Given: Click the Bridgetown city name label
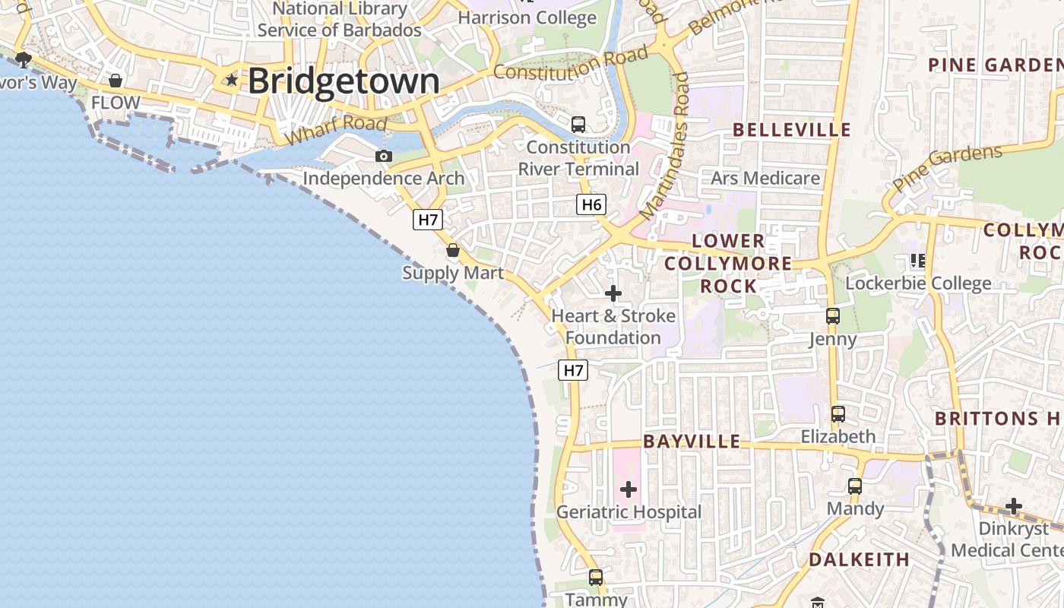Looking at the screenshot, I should pyautogui.click(x=344, y=81).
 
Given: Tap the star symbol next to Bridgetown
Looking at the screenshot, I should pyautogui.click(x=231, y=80).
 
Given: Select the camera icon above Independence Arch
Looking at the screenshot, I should pyautogui.click(x=384, y=156).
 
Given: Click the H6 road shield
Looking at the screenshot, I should pyautogui.click(x=591, y=204).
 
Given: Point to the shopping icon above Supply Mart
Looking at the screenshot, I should pyautogui.click(x=453, y=250).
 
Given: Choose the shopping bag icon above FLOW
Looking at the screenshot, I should pyautogui.click(x=116, y=81).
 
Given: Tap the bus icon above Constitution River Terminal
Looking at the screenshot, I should pyautogui.click(x=578, y=124).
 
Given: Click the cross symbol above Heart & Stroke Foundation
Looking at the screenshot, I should pyautogui.click(x=613, y=293).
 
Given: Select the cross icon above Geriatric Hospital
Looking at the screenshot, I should pyautogui.click(x=629, y=489).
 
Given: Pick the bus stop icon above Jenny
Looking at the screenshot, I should pyautogui.click(x=833, y=316).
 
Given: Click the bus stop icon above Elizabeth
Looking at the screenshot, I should pyautogui.click(x=838, y=414).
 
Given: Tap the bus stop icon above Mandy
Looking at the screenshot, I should pyautogui.click(x=855, y=486).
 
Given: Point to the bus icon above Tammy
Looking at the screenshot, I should pyautogui.click(x=596, y=578).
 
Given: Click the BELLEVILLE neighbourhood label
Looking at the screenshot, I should pyautogui.click(x=792, y=129).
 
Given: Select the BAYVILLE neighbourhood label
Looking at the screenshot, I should pyautogui.click(x=692, y=442).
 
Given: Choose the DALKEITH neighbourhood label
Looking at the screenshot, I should pyautogui.click(x=859, y=560).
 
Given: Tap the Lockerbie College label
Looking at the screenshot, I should pyautogui.click(x=918, y=283).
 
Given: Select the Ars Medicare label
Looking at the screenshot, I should pyautogui.click(x=765, y=178).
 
